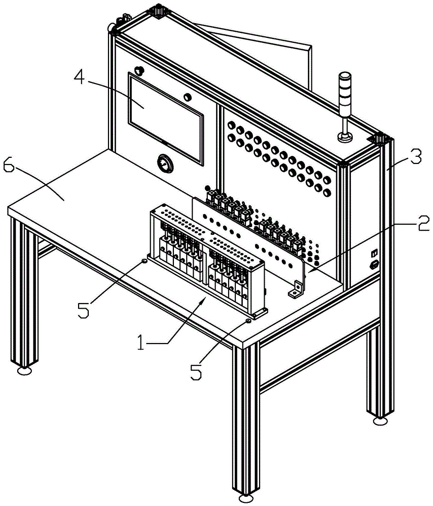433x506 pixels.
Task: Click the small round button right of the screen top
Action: pyautogui.click(x=188, y=96)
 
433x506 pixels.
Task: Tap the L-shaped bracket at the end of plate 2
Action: pyautogui.click(x=296, y=290)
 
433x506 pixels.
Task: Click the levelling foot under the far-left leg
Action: pyautogui.click(x=23, y=371)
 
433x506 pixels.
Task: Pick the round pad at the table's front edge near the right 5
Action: pyautogui.click(x=248, y=321)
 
